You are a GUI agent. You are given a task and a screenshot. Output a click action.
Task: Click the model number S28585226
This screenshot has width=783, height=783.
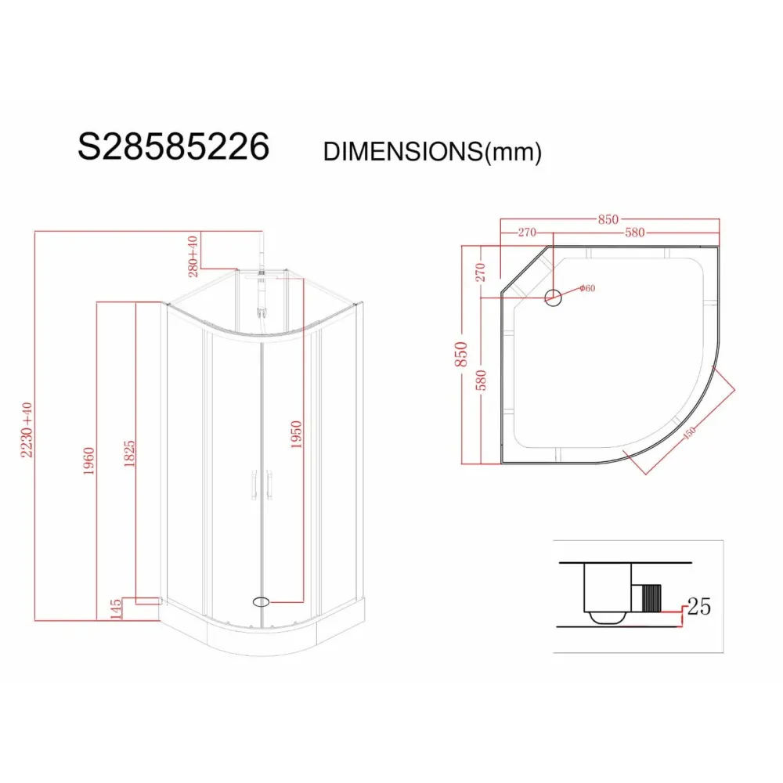[173, 147]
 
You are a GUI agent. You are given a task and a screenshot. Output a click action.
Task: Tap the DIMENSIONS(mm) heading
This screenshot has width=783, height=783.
[432, 151]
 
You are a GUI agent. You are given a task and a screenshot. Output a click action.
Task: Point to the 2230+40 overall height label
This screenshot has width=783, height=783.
[27, 430]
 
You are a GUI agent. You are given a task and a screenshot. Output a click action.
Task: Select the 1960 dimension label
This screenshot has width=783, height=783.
[88, 461]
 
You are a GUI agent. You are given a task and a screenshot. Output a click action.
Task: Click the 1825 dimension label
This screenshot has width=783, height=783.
[129, 453]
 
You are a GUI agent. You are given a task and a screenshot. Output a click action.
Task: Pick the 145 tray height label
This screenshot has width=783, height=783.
[115, 609]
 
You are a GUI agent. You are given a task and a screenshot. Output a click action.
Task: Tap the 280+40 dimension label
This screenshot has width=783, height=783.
[193, 256]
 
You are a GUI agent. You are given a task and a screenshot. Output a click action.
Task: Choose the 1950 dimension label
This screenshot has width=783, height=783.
[296, 435]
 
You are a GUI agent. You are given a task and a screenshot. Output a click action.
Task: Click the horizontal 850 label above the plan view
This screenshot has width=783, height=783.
[608, 219]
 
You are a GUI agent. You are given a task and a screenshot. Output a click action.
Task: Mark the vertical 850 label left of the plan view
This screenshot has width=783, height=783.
[460, 354]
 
